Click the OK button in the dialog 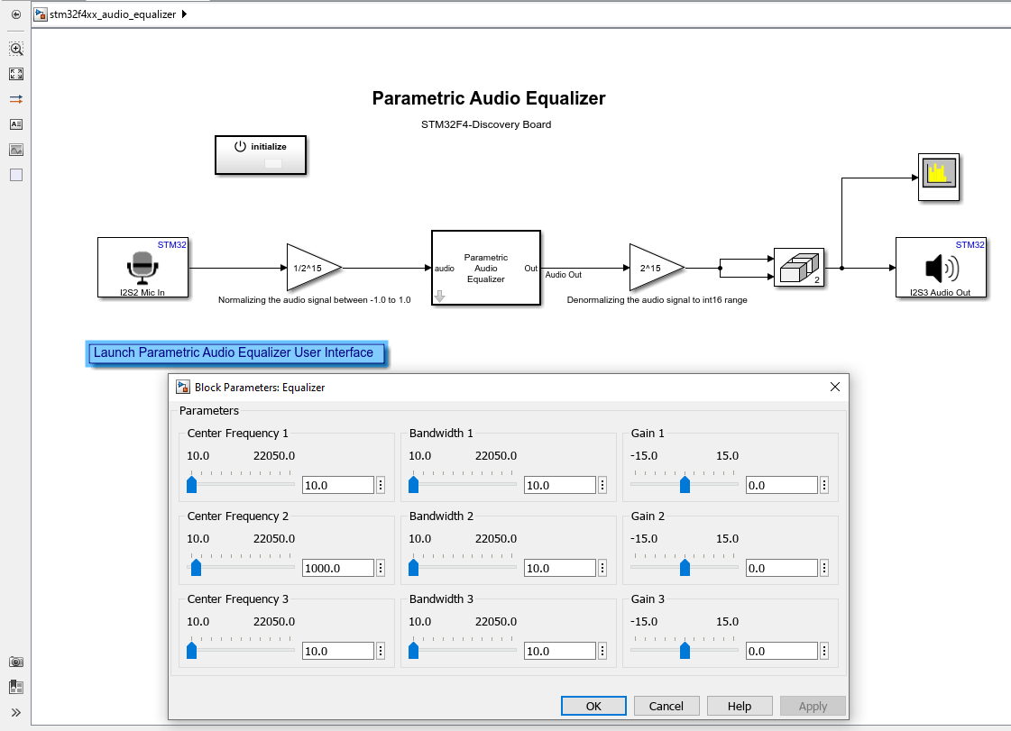click(593, 706)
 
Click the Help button click(740, 706)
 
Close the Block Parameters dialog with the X click(834, 387)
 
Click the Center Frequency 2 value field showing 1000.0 click(337, 568)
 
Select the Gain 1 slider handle click(685, 485)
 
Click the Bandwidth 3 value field click(559, 651)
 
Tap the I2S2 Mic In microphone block click(142, 267)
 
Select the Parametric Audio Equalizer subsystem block click(486, 268)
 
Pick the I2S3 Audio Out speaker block click(940, 267)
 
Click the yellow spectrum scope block click(940, 176)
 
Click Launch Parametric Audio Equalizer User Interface click(234, 353)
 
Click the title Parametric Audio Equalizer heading click(489, 98)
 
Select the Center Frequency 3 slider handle click(191, 651)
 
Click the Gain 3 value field click(781, 651)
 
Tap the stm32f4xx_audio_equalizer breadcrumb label click(113, 14)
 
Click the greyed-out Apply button click(813, 706)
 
